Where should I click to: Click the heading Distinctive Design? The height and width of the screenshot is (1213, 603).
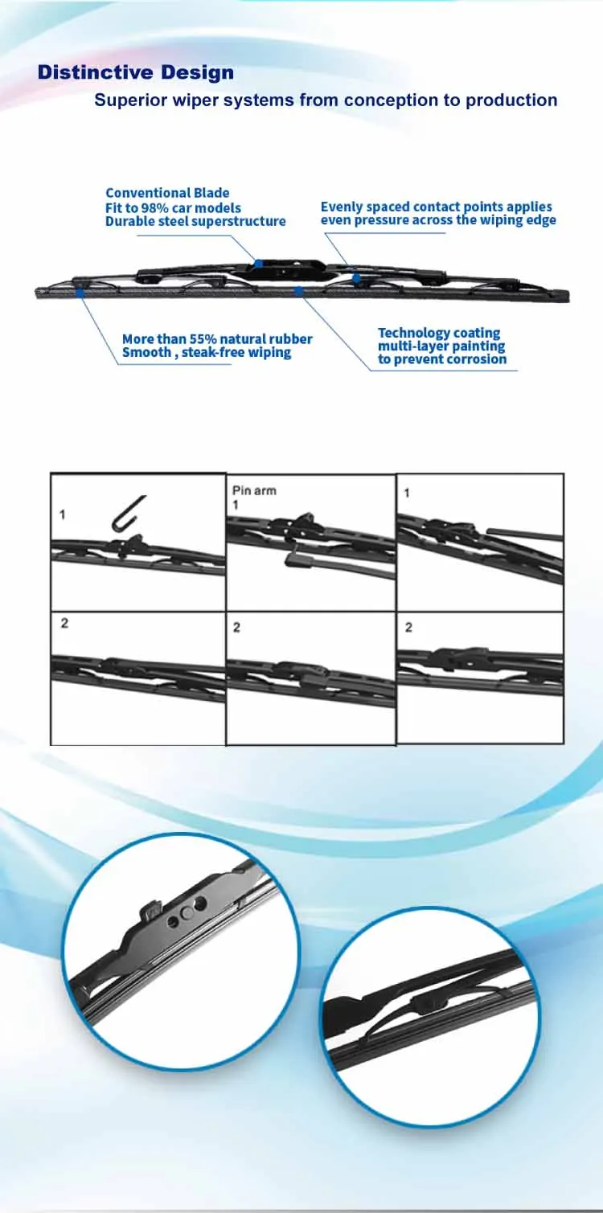[136, 72]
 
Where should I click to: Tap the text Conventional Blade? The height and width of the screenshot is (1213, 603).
[167, 193]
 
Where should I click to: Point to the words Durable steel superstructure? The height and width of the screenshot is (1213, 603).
[195, 221]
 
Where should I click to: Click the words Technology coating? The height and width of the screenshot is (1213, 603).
[439, 333]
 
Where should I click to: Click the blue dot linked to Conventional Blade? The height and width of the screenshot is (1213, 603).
[258, 263]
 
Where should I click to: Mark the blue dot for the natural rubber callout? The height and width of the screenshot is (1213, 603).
[81, 293]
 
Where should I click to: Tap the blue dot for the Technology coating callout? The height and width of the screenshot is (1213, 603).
[298, 290]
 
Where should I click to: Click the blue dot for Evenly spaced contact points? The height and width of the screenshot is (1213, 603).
[355, 278]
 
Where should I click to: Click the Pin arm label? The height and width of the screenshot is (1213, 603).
[254, 490]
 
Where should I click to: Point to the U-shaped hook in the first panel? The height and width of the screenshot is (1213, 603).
[129, 513]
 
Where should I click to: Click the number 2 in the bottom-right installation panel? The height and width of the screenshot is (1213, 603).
[408, 628]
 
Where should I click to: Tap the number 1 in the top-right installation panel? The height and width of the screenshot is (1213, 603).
[407, 492]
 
